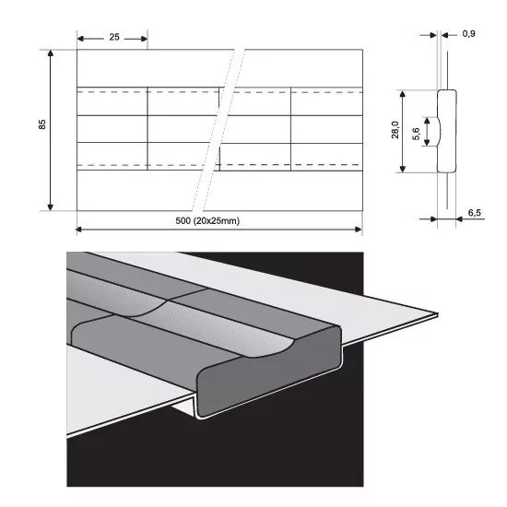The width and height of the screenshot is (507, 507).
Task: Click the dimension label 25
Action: pos(114,37)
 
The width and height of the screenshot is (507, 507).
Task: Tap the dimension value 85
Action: pos(42,124)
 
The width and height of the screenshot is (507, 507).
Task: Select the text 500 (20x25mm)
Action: pos(207,221)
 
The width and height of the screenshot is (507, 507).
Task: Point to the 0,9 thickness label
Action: pos(468,33)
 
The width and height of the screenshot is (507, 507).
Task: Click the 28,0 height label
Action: pos(395,130)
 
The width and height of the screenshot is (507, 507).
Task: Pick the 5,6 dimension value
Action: pos(416,134)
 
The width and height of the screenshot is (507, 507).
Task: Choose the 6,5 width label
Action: pos(475,212)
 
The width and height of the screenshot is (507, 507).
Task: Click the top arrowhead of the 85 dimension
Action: pos(50,53)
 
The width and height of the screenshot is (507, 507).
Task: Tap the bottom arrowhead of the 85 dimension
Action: pos(50,207)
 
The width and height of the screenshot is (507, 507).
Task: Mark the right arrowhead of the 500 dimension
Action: pos(359,230)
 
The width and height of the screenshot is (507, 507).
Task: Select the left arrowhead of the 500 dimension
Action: pos(79,230)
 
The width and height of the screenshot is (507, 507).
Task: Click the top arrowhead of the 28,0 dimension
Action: pos(403,94)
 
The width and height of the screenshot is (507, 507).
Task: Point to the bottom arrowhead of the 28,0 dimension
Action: pos(403,169)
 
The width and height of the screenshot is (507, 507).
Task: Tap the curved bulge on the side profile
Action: pos(439,131)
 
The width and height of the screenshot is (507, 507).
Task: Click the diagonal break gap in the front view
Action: pos(218,130)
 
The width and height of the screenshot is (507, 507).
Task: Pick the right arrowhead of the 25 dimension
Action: pos(144,39)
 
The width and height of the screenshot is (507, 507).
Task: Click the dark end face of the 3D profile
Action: pos(268,375)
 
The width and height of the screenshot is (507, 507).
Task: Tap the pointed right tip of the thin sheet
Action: pos(438,313)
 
